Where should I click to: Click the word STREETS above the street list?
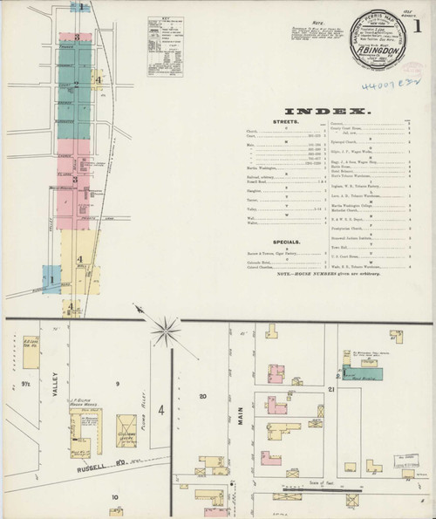[286, 122]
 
